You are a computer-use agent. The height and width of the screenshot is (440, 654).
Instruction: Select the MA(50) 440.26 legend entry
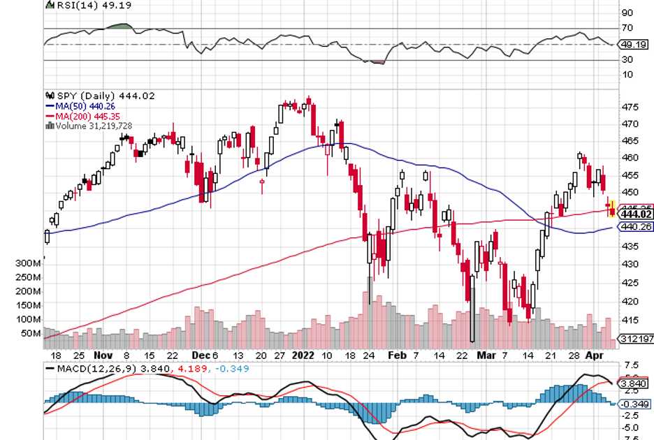pos(81,106)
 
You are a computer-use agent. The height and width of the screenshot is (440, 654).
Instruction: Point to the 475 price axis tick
pos(630,107)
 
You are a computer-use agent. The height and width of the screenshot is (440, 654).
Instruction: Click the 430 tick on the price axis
pos(630,264)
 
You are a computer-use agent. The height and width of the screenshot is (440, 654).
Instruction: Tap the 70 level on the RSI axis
pos(627,28)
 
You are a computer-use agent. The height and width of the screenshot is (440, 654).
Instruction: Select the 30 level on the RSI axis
pos(627,59)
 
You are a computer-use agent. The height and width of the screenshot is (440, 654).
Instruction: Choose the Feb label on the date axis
pos(396,355)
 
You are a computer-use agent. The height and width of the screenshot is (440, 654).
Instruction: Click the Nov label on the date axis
pos(102,355)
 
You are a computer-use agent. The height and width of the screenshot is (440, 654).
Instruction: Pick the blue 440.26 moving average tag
pos(636,226)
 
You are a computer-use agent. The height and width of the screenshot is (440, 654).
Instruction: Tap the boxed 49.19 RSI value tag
pos(633,44)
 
